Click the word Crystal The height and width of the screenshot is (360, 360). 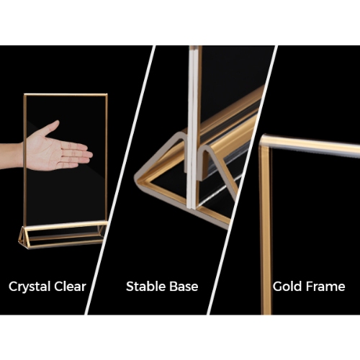pos(30,287)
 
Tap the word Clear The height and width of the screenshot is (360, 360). pos(70,287)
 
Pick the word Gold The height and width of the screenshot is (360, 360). pos(285,287)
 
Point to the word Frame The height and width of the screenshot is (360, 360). pos(323,287)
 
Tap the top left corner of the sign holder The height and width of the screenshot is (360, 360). pos(24,94)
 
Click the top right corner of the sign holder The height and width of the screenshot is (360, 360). pos(106,94)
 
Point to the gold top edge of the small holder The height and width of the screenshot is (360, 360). pos(66,94)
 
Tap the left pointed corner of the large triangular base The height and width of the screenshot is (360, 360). pos(136,178)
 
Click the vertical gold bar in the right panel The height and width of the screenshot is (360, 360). pos(266,228)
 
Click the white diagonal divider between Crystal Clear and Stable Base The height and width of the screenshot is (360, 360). pos(120,180)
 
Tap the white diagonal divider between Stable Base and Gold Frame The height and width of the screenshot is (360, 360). pos(243,180)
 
